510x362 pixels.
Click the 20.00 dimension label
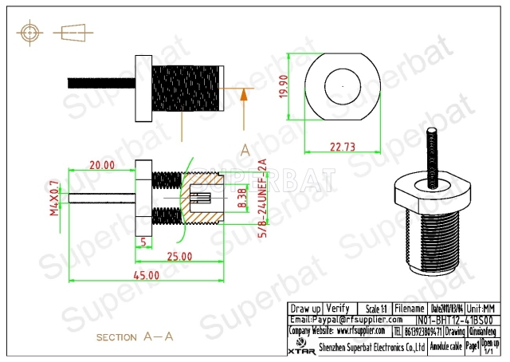pos(102,165)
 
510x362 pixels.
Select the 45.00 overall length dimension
pos(147,275)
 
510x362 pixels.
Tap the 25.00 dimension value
pos(179,256)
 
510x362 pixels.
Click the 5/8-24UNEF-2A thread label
pos(261,195)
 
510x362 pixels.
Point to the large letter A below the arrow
pos(245,150)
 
